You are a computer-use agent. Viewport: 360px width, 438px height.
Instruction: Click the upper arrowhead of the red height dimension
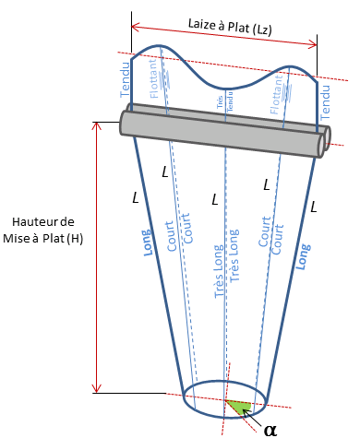(95, 124)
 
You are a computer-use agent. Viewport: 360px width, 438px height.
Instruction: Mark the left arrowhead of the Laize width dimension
(135, 24)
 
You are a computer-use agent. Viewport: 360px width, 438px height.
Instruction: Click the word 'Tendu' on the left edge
(126, 79)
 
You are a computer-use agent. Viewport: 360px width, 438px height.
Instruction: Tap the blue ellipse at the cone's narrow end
(225, 397)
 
